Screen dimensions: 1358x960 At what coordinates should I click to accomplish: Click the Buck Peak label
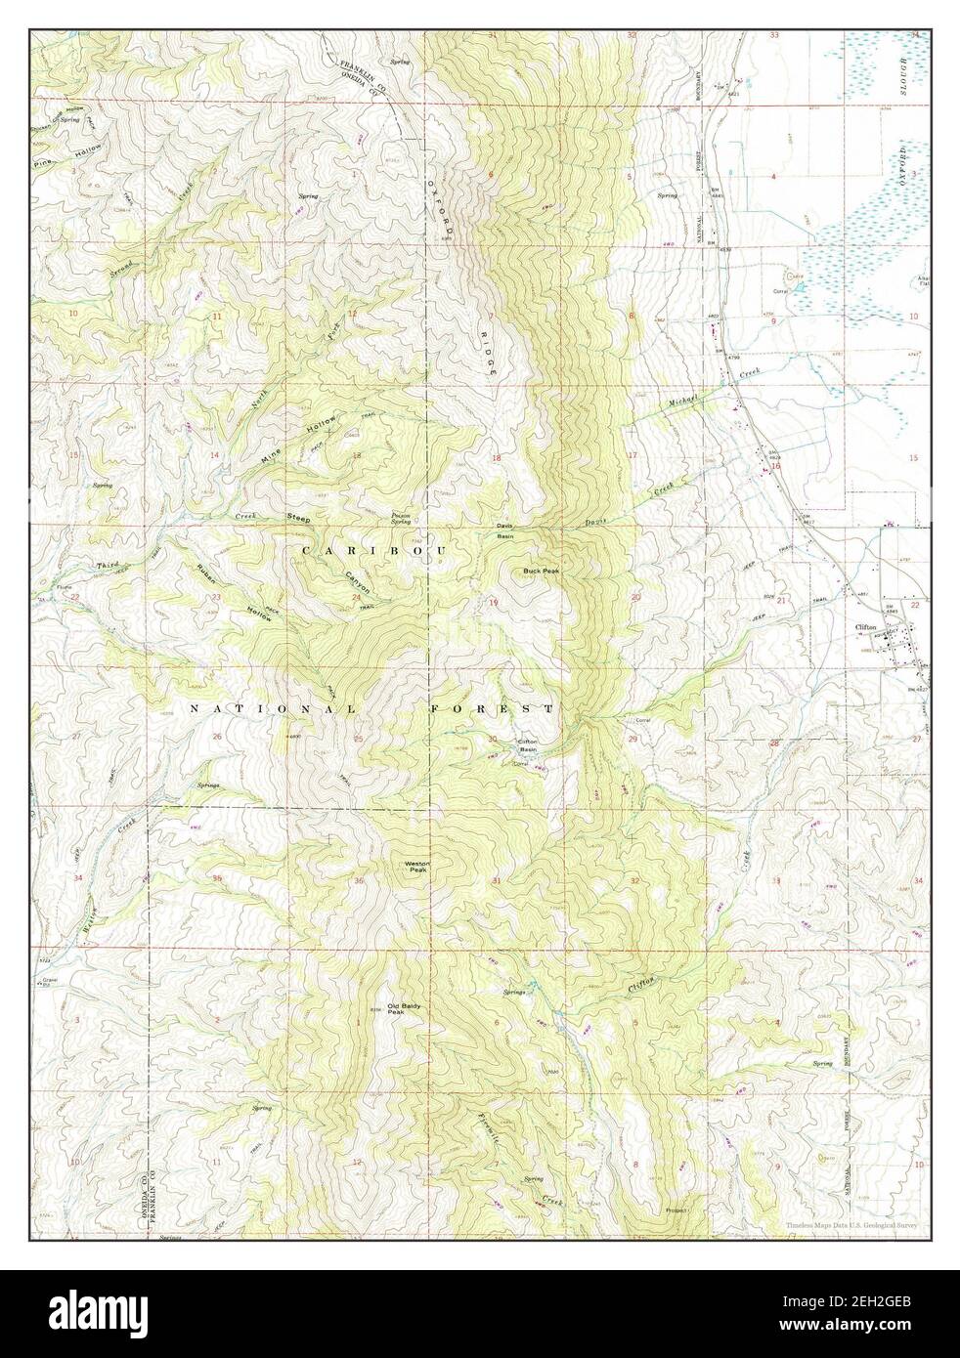(x=540, y=571)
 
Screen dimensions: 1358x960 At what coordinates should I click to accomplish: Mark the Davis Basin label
(x=505, y=531)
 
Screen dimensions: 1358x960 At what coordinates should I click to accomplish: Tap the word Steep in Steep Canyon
(x=297, y=518)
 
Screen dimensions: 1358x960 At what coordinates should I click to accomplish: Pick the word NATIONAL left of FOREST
(x=274, y=707)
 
